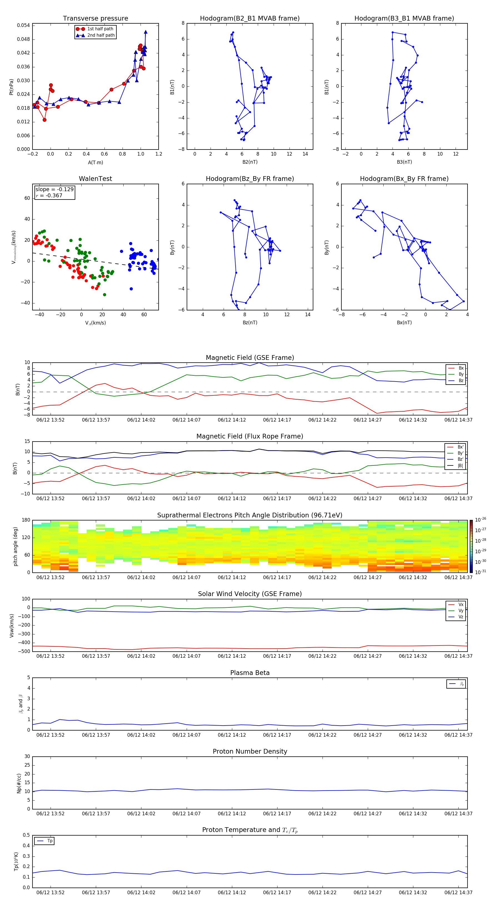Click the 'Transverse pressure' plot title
(95, 19)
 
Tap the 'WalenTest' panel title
(95, 179)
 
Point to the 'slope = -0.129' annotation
(54, 190)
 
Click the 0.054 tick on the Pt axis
(24, 25)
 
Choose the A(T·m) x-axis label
(95, 163)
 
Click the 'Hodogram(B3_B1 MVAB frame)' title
(404, 19)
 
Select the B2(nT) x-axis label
(250, 162)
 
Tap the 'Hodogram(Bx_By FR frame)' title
(404, 179)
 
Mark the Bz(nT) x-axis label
(250, 323)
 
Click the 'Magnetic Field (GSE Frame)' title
(250, 358)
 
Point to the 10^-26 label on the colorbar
(481, 520)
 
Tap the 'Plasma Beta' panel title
(250, 673)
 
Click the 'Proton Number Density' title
(250, 751)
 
